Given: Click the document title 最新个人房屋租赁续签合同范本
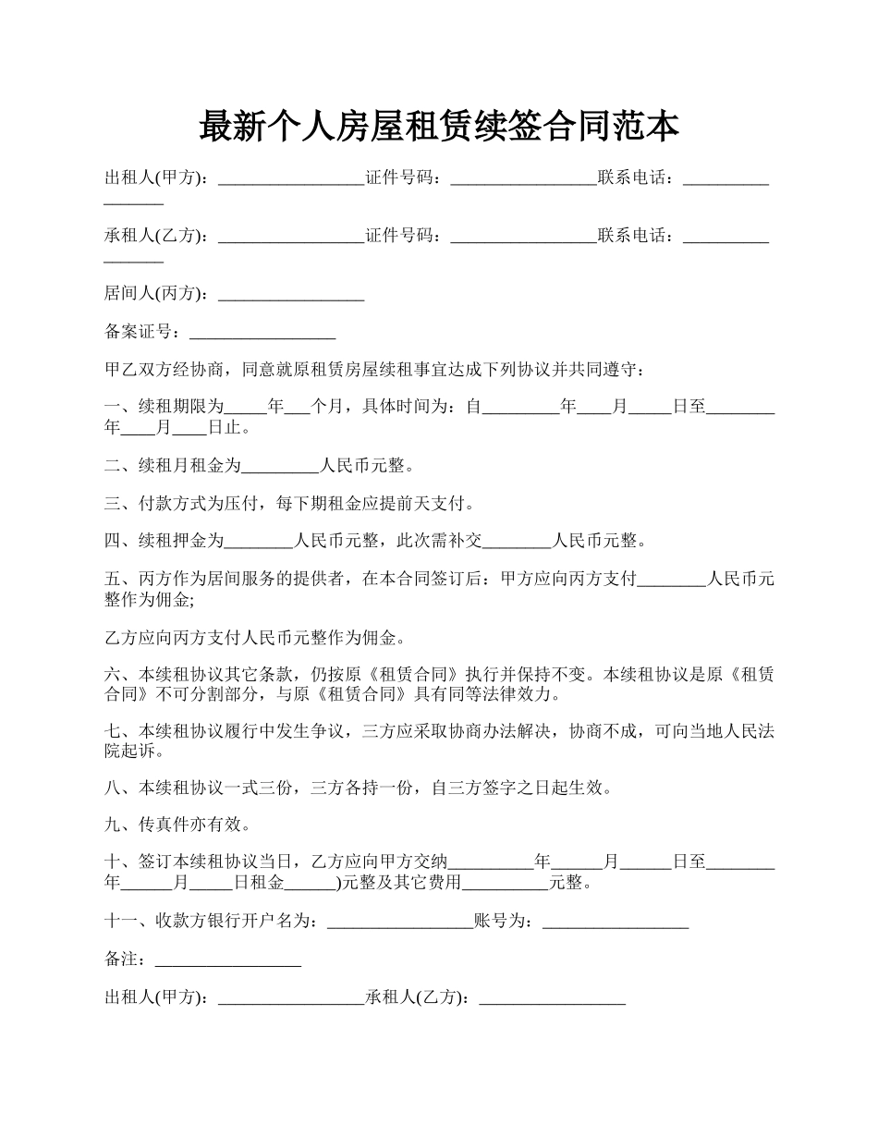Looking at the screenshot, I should (439, 127).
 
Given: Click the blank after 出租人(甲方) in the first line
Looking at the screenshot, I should (291, 178).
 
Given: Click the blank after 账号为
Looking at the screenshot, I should (616, 921).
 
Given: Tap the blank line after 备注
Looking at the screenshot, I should (227, 960).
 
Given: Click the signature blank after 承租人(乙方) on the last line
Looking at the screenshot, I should (553, 998).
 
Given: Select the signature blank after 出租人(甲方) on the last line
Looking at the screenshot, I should (291, 998).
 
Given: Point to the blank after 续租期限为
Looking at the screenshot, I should (246, 407).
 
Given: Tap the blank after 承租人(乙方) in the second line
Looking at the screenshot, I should (291, 237).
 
